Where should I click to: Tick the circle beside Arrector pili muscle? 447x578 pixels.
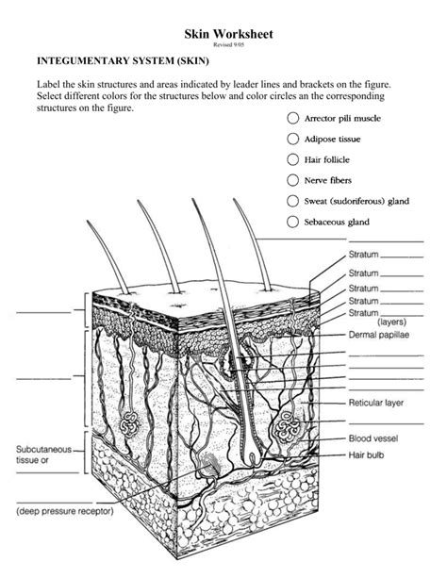(291, 120)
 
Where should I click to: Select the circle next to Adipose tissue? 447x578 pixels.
(291, 140)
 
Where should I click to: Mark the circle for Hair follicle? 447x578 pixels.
(291, 159)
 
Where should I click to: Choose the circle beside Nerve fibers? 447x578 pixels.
(291, 179)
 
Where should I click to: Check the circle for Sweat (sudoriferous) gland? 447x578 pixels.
(291, 201)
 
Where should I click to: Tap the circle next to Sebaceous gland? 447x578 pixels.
(291, 223)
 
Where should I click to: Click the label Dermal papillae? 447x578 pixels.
(380, 335)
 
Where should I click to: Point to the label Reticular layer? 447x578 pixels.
(376, 402)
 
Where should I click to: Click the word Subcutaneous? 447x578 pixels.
(44, 450)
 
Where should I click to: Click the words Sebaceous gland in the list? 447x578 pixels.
(337, 223)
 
